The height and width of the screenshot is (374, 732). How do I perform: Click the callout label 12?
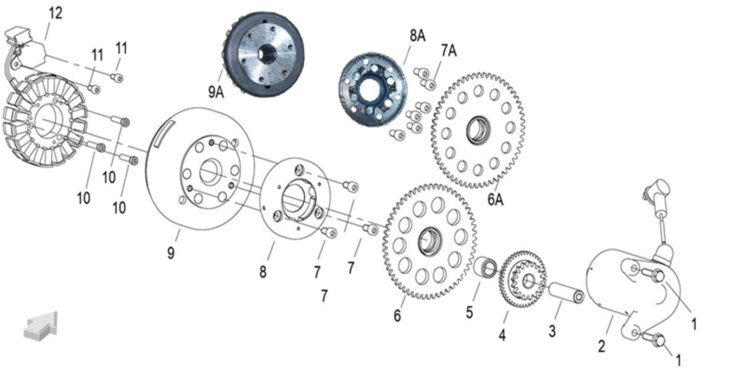pyautogui.click(x=55, y=12)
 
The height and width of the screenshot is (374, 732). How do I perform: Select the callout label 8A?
pyautogui.click(x=417, y=36)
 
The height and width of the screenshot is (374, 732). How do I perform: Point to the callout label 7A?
pyautogui.click(x=448, y=51)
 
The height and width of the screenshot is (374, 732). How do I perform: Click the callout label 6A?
pyautogui.click(x=495, y=199)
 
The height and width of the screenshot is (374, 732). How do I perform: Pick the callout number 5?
pyautogui.click(x=470, y=312)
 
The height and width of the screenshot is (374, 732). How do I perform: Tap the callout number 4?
pyautogui.click(x=502, y=336)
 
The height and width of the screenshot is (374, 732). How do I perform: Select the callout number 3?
pyautogui.click(x=552, y=331)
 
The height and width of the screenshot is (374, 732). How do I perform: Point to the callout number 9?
pyautogui.click(x=171, y=253)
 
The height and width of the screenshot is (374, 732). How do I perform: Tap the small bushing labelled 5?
pyautogui.click(x=485, y=267)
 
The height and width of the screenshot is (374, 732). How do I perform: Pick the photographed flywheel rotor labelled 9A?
pyautogui.click(x=265, y=54)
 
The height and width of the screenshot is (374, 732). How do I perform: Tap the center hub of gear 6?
pyautogui.click(x=431, y=242)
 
